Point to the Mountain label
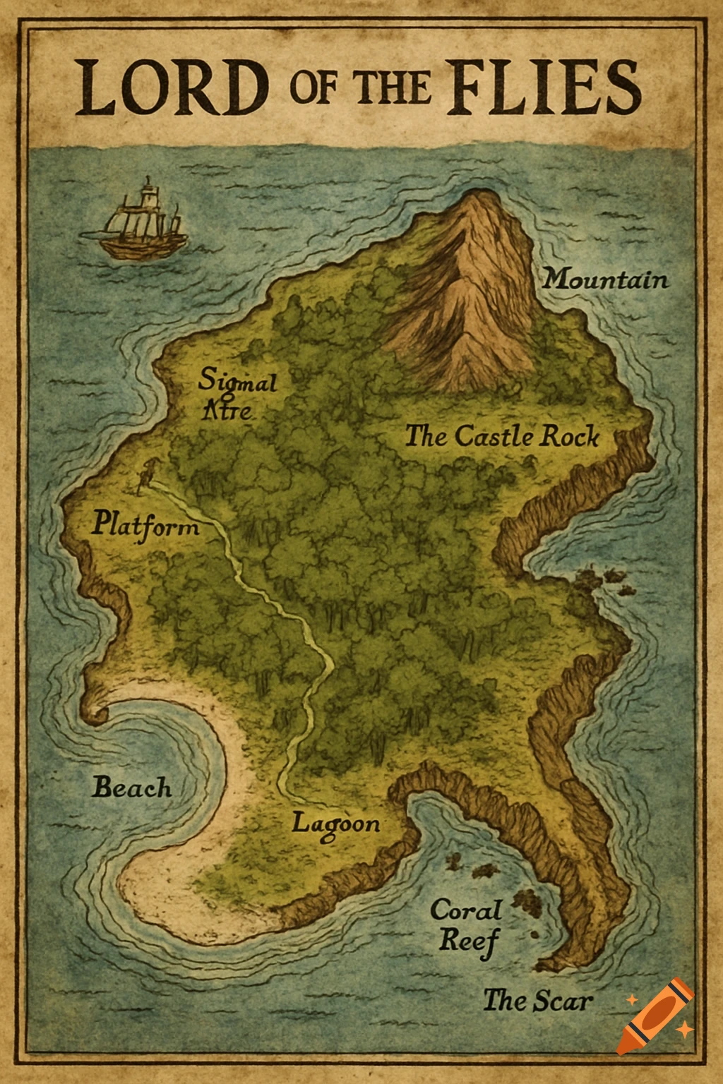pyautogui.click(x=605, y=279)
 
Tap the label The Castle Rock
pyautogui.click(x=502, y=436)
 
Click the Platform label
pyautogui.click(x=145, y=526)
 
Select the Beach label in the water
pyautogui.click(x=132, y=788)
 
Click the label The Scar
pyautogui.click(x=537, y=1001)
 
